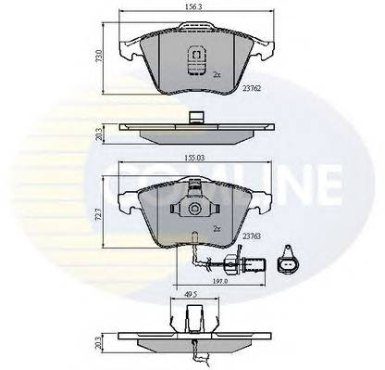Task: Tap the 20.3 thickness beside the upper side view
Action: (97, 132)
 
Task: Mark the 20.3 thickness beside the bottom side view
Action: (97, 340)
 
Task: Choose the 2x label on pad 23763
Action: (216, 227)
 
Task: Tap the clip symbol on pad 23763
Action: (195, 212)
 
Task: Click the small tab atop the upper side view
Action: (195, 118)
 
